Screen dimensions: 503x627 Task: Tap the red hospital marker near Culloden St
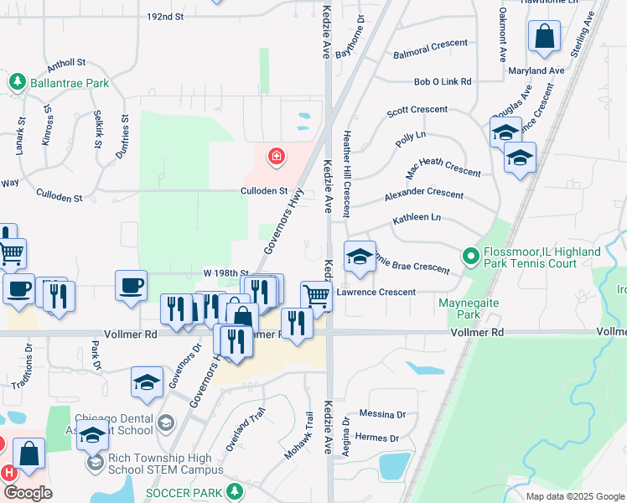pyautogui.click(x=275, y=156)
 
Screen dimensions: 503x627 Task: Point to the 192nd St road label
pyautogui.click(x=164, y=16)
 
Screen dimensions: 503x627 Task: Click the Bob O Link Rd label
pyautogui.click(x=443, y=82)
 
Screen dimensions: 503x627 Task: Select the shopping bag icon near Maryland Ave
pyautogui.click(x=544, y=37)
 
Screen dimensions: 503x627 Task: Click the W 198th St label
pyautogui.click(x=226, y=273)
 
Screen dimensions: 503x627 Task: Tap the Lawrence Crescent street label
pyautogui.click(x=376, y=293)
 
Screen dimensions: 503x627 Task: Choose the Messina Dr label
pyautogui.click(x=381, y=414)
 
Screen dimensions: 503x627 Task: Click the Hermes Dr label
pyautogui.click(x=377, y=438)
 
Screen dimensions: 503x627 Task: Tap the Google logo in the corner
pyautogui.click(x=28, y=493)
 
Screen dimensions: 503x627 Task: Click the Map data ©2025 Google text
pyautogui.click(x=574, y=496)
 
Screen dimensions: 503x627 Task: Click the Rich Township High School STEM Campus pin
pyautogui.click(x=95, y=461)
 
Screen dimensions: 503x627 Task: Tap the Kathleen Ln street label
pyautogui.click(x=417, y=218)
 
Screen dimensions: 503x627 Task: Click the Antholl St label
pyautogui.click(x=67, y=63)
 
